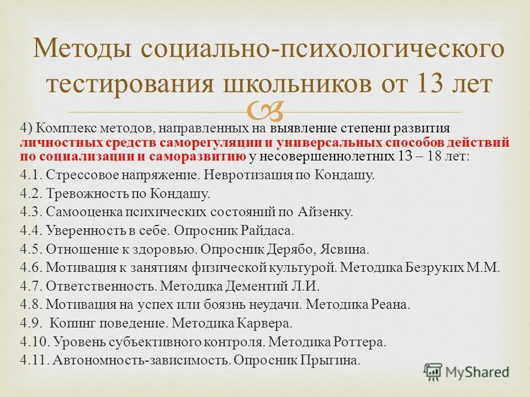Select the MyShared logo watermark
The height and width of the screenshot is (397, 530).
(467, 371)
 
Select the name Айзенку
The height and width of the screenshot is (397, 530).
(328, 212)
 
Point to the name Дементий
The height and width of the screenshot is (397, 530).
(254, 286)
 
